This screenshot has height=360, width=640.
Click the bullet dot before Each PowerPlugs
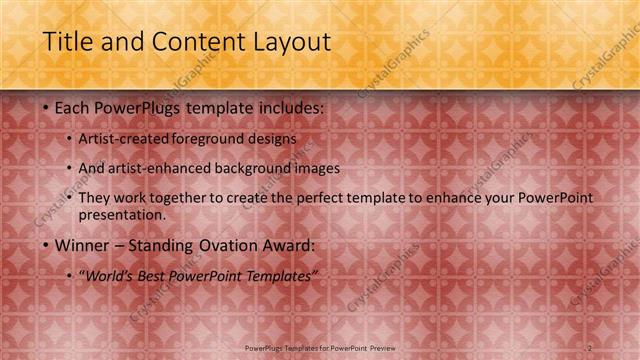click(46, 106)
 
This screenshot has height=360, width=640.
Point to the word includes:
click(293, 106)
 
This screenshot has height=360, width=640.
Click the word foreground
click(206, 138)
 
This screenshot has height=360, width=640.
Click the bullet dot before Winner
click(46, 245)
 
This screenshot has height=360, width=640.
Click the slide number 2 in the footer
click(590, 346)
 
